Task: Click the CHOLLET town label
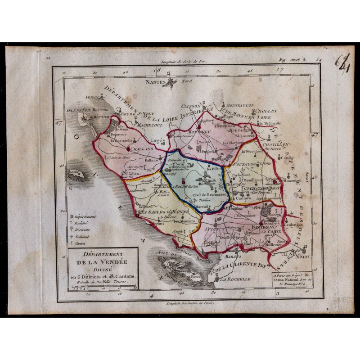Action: coord(266,110)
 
